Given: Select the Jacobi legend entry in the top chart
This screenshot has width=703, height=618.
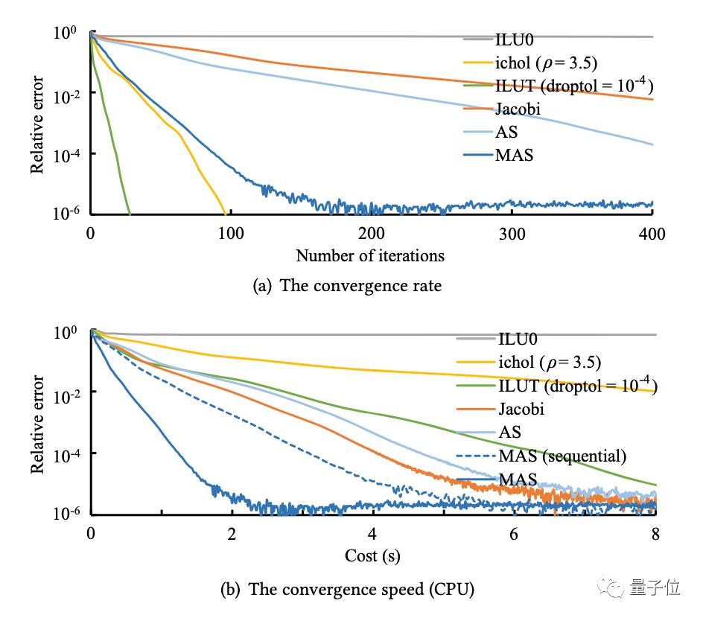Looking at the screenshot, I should click(517, 109).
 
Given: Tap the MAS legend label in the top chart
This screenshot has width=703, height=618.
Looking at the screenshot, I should click(514, 156).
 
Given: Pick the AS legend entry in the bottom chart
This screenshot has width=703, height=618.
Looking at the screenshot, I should click(509, 432).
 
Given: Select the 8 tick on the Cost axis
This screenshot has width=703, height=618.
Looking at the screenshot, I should click(655, 534).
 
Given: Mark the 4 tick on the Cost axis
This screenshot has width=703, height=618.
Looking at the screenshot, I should click(372, 534).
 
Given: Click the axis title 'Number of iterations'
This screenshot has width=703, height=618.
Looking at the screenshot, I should click(370, 255).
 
